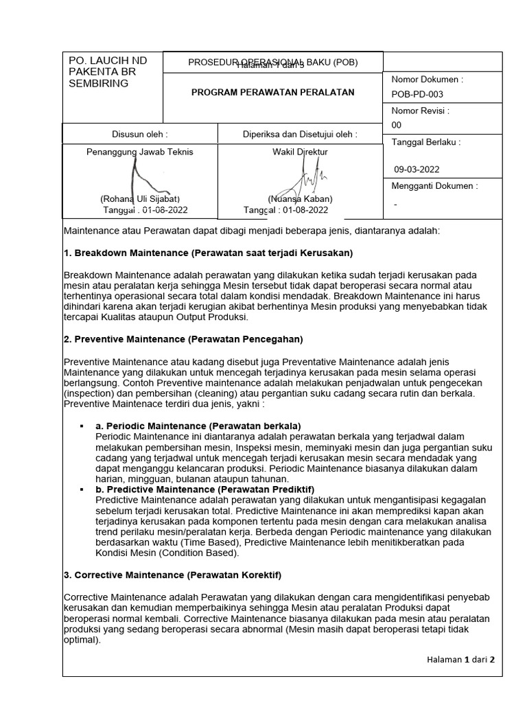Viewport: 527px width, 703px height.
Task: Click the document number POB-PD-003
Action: (x=417, y=94)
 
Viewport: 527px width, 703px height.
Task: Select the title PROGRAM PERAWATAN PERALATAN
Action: (x=272, y=93)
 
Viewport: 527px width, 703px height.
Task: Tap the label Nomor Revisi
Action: (x=420, y=111)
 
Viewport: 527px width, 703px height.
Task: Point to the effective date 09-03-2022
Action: (x=417, y=170)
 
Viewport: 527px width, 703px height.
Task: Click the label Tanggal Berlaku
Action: (x=425, y=142)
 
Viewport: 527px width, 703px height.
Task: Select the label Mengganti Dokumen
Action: (x=434, y=185)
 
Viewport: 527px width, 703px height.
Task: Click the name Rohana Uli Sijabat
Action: (x=140, y=199)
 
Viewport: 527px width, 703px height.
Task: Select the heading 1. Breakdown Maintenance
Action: (x=207, y=253)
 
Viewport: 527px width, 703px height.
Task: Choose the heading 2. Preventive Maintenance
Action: (x=183, y=339)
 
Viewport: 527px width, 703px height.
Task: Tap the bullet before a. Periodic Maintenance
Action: (x=82, y=426)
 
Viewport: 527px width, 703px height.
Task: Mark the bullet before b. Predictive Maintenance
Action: (x=82, y=489)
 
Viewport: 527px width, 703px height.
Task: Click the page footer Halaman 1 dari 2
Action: (x=460, y=659)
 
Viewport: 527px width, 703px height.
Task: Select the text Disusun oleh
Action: (x=139, y=134)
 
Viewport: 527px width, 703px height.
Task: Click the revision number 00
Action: (x=396, y=125)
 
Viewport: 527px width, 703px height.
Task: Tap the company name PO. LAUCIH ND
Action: (x=108, y=60)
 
